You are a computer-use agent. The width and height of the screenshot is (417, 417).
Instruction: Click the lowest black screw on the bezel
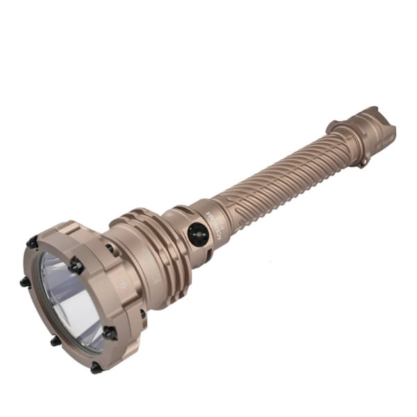pos(96,368)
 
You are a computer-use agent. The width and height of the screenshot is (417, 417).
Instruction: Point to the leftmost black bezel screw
pos(25,281)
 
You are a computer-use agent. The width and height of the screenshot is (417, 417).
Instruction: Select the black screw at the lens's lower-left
pos(55,341)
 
